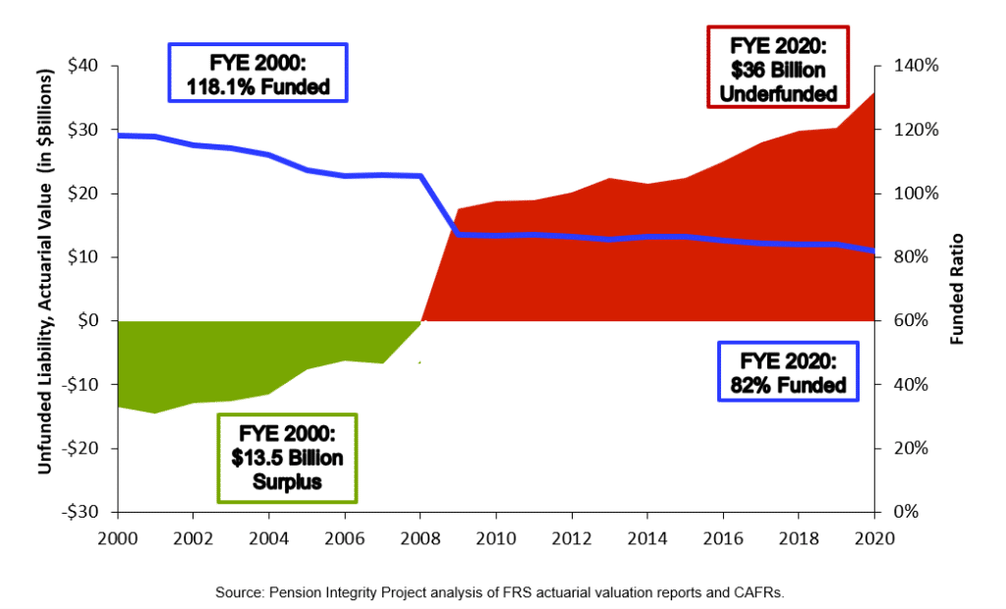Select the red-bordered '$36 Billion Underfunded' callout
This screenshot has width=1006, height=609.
click(777, 69)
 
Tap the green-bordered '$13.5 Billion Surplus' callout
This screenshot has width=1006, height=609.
click(285, 458)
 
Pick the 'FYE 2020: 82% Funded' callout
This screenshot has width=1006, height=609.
click(788, 371)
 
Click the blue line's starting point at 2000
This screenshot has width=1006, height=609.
click(118, 135)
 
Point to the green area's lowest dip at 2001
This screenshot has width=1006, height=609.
click(155, 413)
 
